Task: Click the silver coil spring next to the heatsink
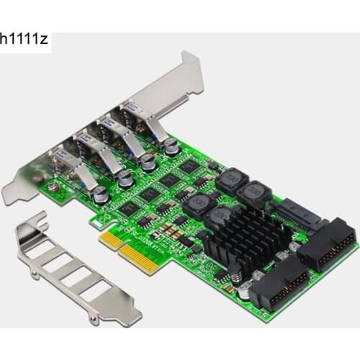pyautogui.click(x=235, y=272)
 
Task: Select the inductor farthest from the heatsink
pyautogui.click(x=231, y=180)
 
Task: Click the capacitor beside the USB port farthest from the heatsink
pyautogui.click(x=101, y=194)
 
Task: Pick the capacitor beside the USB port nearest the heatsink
pyautogui.click(x=171, y=146)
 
